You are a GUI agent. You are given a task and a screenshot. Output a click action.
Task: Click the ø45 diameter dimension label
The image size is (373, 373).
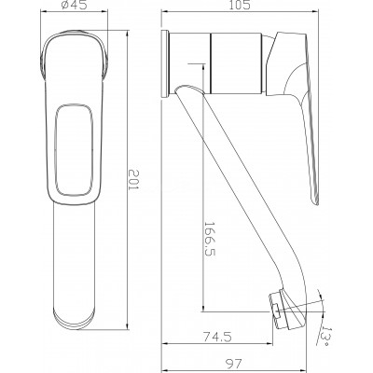tap(74, 5)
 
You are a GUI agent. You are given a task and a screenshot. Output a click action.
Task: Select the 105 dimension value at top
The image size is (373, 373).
tap(239, 5)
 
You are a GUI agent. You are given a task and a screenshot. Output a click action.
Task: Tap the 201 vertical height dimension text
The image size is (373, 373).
tap(134, 180)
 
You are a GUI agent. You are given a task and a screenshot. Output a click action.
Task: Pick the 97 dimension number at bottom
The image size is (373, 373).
tap(234, 363)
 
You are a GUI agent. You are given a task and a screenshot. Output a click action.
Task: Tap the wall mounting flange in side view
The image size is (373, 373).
tap(165, 64)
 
